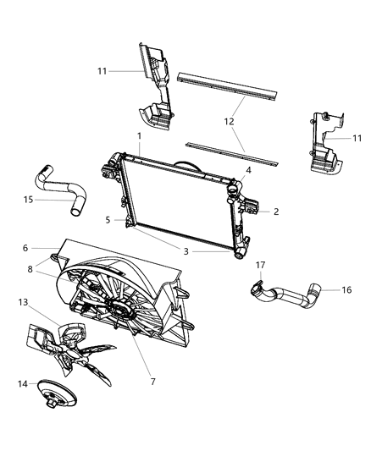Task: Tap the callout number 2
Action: (275, 212)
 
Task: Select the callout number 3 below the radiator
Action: (186, 251)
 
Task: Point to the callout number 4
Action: (248, 170)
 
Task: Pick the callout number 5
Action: (108, 220)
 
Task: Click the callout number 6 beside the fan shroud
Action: (25, 248)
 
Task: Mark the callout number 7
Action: (152, 382)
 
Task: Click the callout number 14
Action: (22, 383)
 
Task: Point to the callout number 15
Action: (29, 200)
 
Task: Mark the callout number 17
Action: (261, 265)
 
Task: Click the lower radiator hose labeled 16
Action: (292, 296)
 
